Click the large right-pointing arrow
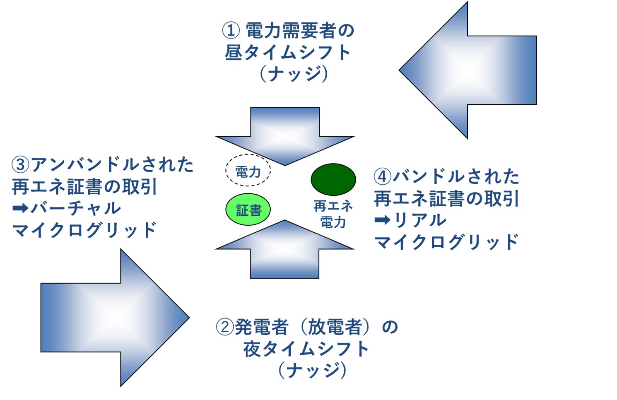[112, 318]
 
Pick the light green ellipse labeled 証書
[248, 210]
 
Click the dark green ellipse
[333, 179]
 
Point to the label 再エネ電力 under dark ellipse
[333, 214]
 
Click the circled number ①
[231, 31]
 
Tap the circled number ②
[225, 327]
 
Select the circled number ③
[21, 165]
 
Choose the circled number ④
[382, 176]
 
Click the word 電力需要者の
[300, 31]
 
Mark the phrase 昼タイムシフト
[288, 53]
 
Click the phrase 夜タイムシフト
[306, 349]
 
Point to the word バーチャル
[76, 208]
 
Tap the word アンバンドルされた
[112, 165]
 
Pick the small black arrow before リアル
[382, 220]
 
